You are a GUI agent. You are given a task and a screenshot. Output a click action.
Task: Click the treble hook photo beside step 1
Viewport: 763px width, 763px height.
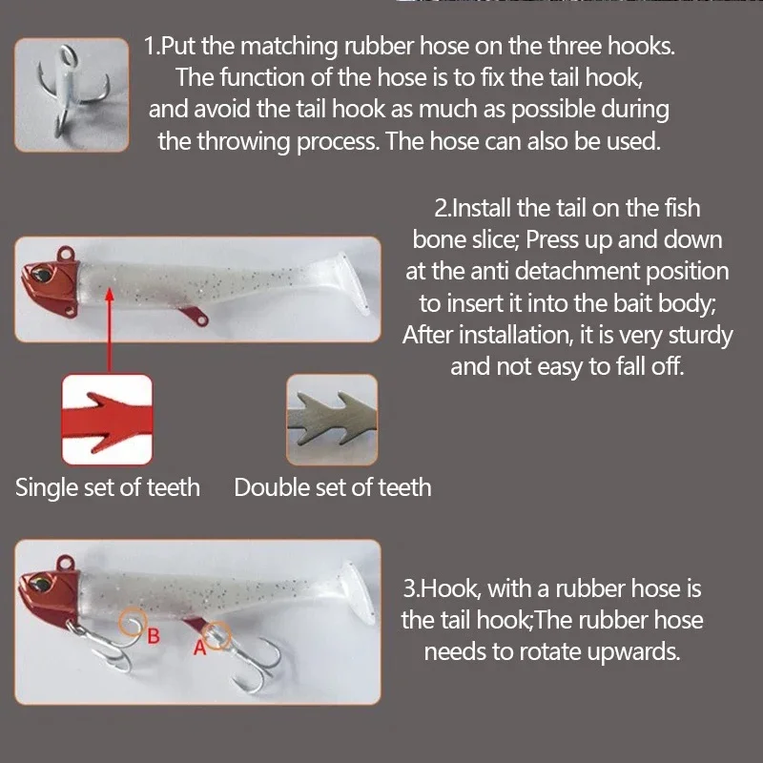click(x=72, y=95)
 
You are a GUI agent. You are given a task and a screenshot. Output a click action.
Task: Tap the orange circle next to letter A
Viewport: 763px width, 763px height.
click(x=218, y=633)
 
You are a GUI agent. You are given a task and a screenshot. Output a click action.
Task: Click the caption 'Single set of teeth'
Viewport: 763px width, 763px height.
click(x=108, y=487)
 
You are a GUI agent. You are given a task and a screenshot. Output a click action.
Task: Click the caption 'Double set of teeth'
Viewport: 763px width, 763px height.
click(x=333, y=487)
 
